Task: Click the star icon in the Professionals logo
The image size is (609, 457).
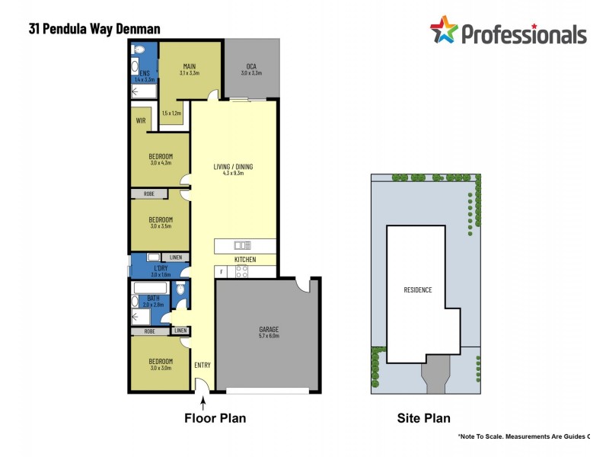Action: tap(444, 31)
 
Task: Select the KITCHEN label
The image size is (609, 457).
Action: tap(245, 260)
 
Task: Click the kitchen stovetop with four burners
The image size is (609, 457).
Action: tap(243, 270)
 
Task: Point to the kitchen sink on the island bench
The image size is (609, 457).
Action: tap(243, 245)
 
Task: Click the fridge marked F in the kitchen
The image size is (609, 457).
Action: tap(222, 270)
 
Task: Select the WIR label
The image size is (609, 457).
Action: tap(141, 120)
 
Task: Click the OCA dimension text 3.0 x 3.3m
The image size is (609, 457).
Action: tap(251, 73)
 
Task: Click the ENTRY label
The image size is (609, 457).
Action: tap(202, 365)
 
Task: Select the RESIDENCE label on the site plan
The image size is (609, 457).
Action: tap(417, 289)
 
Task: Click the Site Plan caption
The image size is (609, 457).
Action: tap(423, 418)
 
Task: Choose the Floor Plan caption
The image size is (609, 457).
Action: tap(215, 418)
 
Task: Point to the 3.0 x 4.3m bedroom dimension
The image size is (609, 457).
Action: tap(161, 162)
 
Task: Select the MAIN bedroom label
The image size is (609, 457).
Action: tap(190, 66)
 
